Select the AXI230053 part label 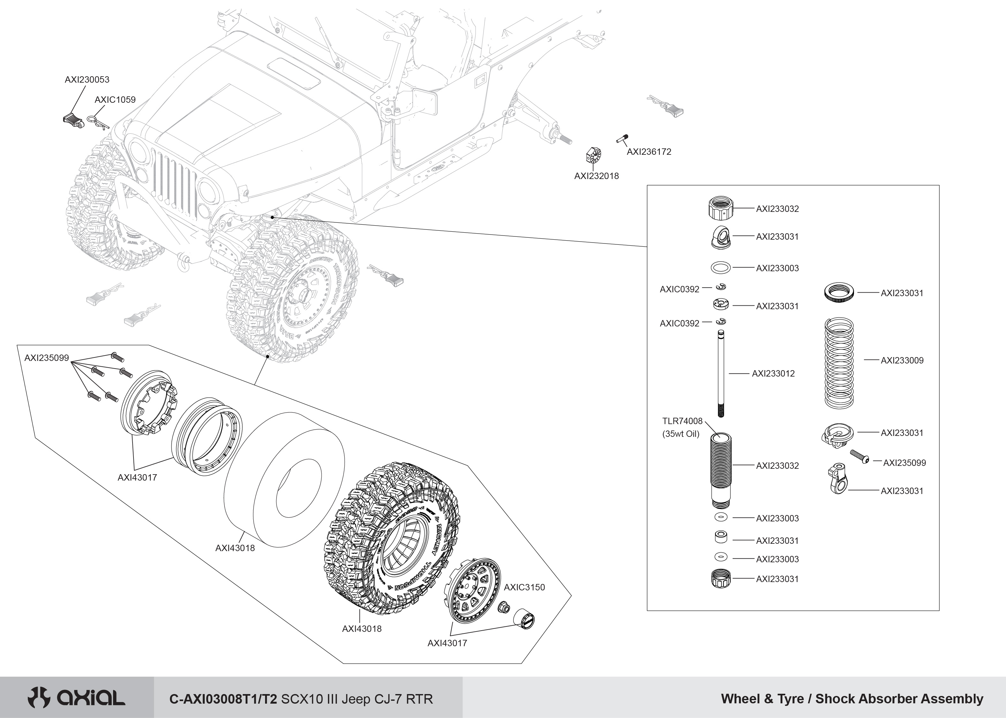(x=87, y=79)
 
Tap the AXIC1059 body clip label (x=115, y=100)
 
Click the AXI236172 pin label (x=649, y=152)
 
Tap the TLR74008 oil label (x=682, y=421)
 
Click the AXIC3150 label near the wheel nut (x=524, y=587)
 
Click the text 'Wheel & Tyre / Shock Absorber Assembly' (x=852, y=699)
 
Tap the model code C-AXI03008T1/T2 (x=224, y=699)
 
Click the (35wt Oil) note (x=681, y=434)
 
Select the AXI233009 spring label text (x=902, y=360)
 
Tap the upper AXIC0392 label (x=680, y=289)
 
